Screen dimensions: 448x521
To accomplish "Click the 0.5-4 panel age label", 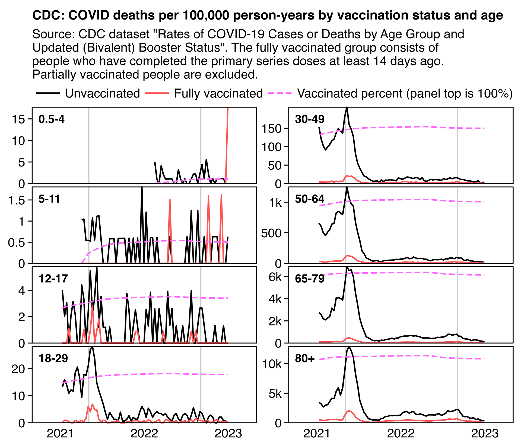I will (x=52, y=119).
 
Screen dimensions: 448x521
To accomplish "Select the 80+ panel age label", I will (x=305, y=358).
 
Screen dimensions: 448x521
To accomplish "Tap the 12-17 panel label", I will (x=53, y=279).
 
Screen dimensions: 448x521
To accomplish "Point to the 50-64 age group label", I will (x=310, y=199).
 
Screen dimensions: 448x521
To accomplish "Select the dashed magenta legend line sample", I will (x=280, y=93).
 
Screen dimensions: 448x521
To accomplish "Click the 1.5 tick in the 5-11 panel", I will (x=17, y=200).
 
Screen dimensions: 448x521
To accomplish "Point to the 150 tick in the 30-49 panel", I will (x=272, y=128).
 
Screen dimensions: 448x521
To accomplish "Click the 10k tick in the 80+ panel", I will (x=272, y=364).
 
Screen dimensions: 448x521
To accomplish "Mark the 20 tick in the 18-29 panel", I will (x=18, y=369).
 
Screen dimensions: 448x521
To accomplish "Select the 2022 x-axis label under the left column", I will (x=144, y=434).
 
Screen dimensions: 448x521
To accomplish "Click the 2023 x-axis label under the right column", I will (x=485, y=434).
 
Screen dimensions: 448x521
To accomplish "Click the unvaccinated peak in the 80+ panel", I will (x=349, y=347).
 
